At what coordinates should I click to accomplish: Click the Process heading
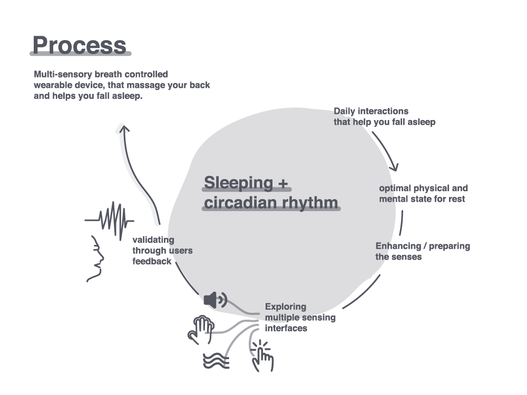(80, 45)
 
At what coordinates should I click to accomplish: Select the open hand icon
(201, 330)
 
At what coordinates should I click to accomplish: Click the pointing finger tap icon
(262, 356)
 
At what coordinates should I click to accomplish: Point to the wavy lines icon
(216, 361)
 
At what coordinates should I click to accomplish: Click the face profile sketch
(96, 259)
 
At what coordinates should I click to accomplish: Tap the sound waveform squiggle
(109, 221)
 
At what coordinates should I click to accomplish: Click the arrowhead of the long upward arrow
(124, 129)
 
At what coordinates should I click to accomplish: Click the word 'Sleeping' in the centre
(239, 183)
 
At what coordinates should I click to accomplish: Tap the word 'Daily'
(345, 112)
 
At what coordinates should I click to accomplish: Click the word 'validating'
(153, 240)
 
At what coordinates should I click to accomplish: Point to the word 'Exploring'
(286, 307)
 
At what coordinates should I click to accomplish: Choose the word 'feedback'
(152, 261)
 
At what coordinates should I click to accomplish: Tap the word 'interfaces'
(286, 328)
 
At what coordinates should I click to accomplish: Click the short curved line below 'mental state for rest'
(402, 223)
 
